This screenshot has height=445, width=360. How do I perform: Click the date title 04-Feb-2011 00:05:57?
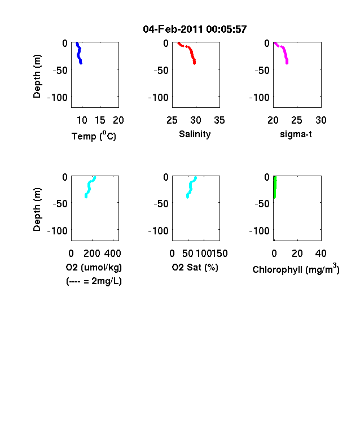tap(195, 29)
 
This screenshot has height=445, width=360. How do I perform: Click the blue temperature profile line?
tap(79, 53)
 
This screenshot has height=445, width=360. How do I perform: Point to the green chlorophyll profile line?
tap(275, 187)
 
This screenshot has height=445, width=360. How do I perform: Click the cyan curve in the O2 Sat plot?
tap(191, 187)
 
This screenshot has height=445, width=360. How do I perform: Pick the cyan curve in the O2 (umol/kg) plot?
tap(89, 187)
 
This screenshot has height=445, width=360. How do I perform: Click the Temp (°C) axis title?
tap(94, 136)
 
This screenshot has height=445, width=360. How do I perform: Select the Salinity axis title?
tap(195, 134)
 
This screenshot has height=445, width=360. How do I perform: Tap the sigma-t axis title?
tap(296, 134)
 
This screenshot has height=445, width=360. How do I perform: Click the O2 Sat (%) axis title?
tap(195, 267)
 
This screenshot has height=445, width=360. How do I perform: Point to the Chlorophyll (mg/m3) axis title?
tap(296, 269)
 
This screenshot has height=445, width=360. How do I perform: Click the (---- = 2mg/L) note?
tap(94, 281)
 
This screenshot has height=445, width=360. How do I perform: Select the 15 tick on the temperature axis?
tap(100, 120)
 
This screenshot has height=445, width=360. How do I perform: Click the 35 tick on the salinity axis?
tap(219, 120)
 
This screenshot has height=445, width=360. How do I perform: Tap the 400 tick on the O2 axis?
tap(113, 254)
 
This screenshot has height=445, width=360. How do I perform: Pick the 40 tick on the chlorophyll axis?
tap(321, 254)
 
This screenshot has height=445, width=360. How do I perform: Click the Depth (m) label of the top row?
tap(37, 76)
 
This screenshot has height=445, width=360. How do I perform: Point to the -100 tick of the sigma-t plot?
tap(260, 98)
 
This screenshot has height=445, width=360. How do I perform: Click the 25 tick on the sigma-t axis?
tap(297, 120)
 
